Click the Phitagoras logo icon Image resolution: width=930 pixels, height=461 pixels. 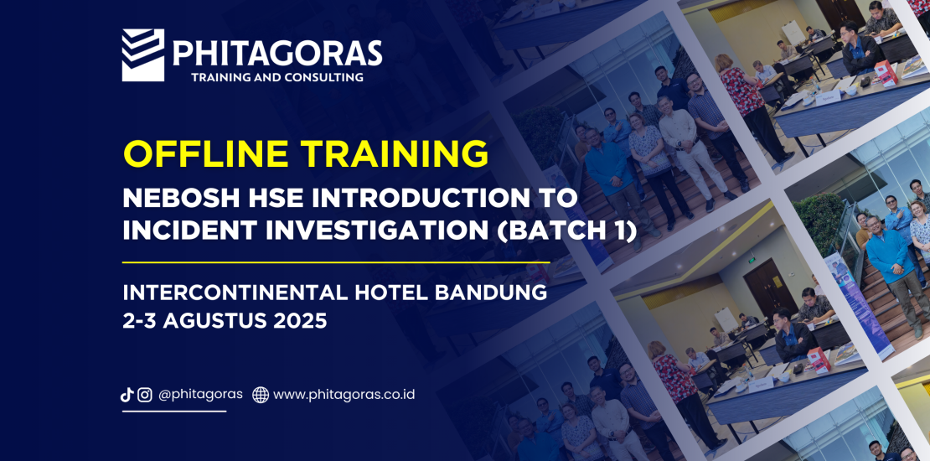pos(143,55)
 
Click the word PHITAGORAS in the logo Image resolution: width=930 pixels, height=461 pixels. pos(277,54)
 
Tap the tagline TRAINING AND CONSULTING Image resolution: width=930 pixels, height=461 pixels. pos(277,77)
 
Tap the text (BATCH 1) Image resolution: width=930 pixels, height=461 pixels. pos(566,230)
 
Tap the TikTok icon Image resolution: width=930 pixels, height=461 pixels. pos(127,395)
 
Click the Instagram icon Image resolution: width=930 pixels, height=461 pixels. pos(145,395)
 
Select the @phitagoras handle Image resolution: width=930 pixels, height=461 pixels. pos(200,395)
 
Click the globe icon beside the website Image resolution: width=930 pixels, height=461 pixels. pos(261,395)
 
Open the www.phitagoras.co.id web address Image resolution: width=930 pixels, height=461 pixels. pos(344,395)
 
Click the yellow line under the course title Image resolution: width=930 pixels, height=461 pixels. pos(336,262)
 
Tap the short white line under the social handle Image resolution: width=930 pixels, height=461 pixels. pos(174,412)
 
